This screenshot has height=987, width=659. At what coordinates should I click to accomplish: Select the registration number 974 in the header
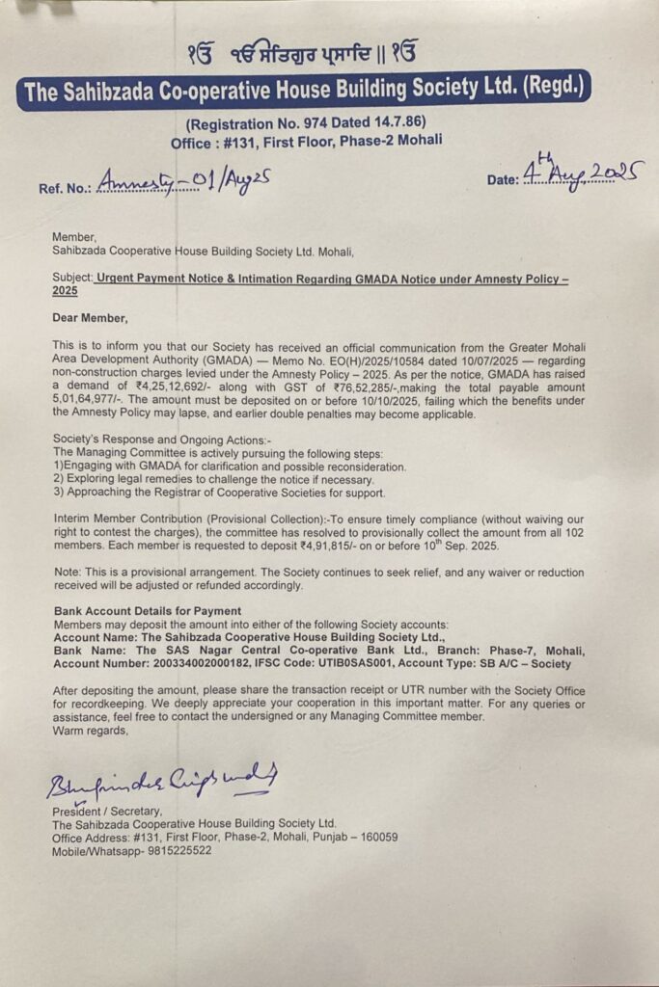pos(296,122)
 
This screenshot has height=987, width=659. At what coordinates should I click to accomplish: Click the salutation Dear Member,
pos(90,317)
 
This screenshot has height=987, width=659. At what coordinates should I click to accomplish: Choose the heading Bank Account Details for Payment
pos(148,611)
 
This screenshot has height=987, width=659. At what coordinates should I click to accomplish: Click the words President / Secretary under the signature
pos(106,812)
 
